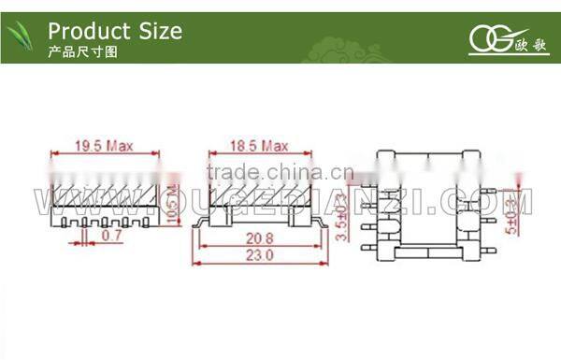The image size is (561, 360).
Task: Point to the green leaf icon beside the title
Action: tap(23, 38)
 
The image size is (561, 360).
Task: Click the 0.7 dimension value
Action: tap(112, 238)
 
